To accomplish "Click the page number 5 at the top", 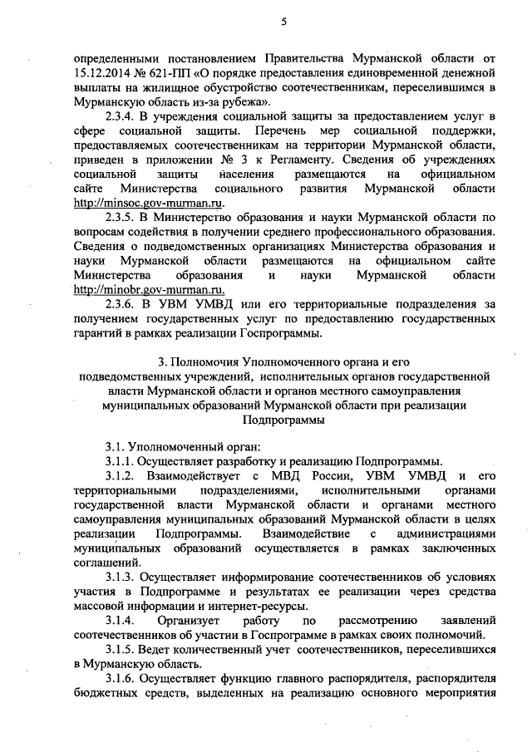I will (x=283, y=23).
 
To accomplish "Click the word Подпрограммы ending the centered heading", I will (x=283, y=420).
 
